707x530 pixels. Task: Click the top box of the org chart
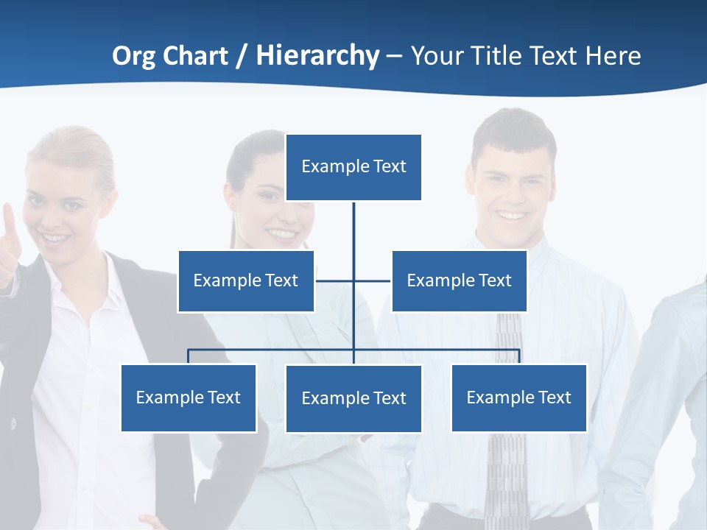(353, 167)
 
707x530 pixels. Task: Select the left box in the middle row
(246, 280)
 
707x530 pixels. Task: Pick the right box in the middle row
(459, 280)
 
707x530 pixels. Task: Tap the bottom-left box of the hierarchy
(189, 397)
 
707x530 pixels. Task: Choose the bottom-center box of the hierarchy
(353, 398)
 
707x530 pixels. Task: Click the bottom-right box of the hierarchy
(518, 397)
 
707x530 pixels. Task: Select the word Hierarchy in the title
(317, 56)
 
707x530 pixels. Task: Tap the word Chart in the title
(195, 56)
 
